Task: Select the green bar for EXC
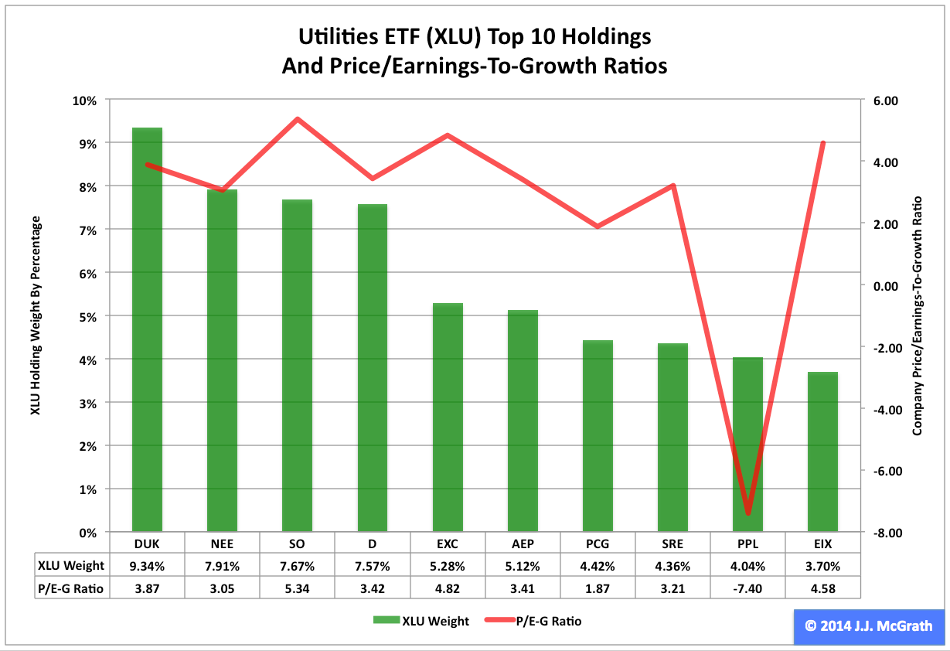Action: pos(448,418)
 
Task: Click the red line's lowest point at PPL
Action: pos(747,513)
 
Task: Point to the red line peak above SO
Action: pos(298,120)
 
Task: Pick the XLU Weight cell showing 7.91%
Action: pos(223,566)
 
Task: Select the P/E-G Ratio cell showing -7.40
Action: pos(747,589)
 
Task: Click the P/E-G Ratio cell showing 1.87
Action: pos(598,589)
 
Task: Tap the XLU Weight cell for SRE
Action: pos(672,566)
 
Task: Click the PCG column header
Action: pos(598,544)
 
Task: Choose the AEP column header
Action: pos(523,544)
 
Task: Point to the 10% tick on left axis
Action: pos(84,101)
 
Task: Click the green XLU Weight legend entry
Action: pos(421,621)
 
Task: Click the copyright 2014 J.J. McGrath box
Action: pos(868,626)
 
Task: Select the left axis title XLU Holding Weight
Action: pos(35,315)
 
